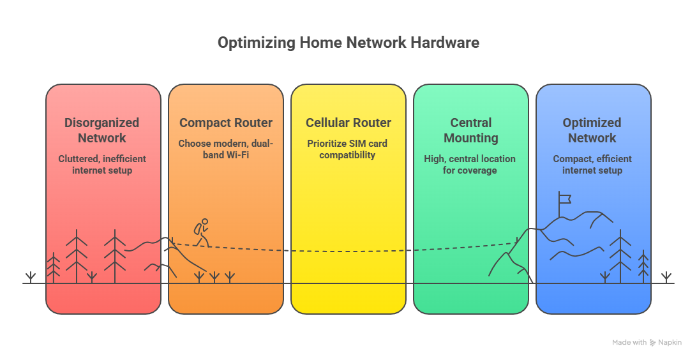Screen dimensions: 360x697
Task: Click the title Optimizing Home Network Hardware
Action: (x=348, y=43)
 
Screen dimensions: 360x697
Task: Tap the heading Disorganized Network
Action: (x=102, y=130)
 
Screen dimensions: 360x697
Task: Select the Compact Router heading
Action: (x=226, y=123)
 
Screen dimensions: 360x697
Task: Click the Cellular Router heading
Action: (x=348, y=123)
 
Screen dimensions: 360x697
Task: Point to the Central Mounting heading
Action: (x=470, y=130)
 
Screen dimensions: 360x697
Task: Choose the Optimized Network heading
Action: (x=592, y=130)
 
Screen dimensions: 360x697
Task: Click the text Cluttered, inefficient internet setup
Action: (x=102, y=164)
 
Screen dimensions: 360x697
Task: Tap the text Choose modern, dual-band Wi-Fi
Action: (x=226, y=149)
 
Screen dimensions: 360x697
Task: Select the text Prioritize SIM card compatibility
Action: (x=348, y=149)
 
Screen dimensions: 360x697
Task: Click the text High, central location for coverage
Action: (x=470, y=164)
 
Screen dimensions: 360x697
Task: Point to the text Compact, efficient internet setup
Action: (x=592, y=164)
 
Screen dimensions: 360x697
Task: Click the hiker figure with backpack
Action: (x=202, y=233)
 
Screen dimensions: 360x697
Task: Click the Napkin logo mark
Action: (x=653, y=343)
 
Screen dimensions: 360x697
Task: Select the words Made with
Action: (x=629, y=343)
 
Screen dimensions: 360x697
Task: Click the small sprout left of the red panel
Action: (x=30, y=276)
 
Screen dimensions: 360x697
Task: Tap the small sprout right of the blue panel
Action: (x=666, y=276)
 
